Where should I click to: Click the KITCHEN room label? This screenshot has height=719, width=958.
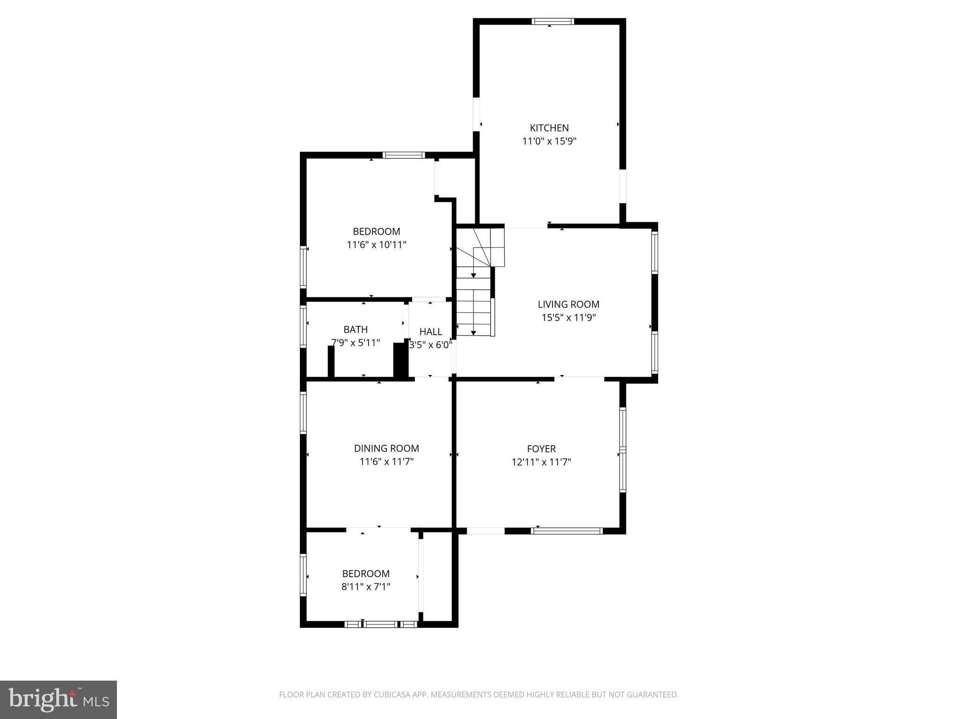(549, 128)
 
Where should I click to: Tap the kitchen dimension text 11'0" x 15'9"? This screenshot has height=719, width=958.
(549, 141)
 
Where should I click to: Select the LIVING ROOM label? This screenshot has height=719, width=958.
(568, 304)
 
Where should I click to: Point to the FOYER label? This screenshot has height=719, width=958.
(541, 449)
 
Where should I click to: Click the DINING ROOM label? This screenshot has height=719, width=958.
(386, 448)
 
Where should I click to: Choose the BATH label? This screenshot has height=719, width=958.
(356, 330)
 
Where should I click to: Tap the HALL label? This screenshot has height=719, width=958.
(430, 332)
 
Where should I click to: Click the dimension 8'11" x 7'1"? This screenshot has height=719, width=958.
(366, 587)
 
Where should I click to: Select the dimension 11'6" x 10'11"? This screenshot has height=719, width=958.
(377, 244)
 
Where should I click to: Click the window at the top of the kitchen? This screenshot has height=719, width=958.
(552, 21)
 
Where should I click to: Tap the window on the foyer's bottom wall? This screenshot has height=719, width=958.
(567, 531)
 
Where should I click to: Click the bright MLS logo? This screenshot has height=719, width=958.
(58, 700)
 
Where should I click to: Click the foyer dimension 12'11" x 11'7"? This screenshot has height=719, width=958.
(541, 462)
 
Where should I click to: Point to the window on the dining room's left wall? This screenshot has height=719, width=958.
(303, 412)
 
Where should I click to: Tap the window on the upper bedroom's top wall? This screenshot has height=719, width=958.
(403, 155)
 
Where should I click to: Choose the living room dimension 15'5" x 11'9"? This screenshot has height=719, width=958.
(568, 318)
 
